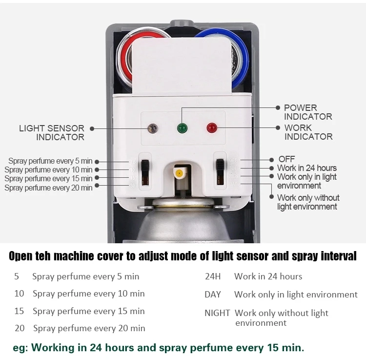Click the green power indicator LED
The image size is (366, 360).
pos(182,128)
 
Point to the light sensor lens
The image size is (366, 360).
pos(153,128)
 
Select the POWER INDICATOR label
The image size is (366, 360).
pos(307,112)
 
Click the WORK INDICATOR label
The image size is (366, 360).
pos(308,132)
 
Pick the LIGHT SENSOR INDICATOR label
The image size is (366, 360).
pos(52,132)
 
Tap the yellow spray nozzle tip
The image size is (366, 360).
pos(179,173)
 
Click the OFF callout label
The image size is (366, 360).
pos(286,159)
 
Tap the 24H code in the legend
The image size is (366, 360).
pos(213,276)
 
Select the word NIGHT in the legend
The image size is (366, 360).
pos(217,313)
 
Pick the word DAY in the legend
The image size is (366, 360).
pos(213,295)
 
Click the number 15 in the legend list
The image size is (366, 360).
pos(19,311)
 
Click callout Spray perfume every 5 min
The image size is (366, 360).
pos(50,161)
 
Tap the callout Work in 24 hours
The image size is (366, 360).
pos(306,168)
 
